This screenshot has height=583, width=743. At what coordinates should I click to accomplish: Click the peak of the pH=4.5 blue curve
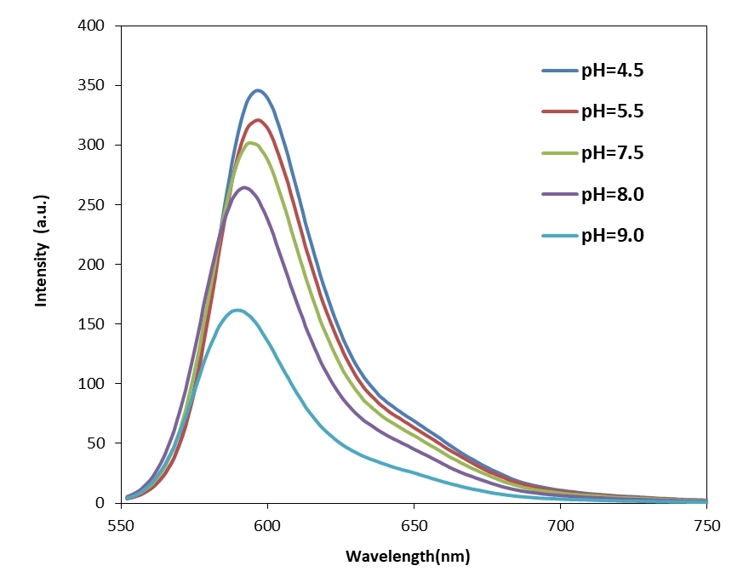258,90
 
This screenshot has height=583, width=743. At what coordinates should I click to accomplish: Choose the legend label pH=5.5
612,111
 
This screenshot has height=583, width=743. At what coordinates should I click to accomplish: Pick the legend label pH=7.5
612,153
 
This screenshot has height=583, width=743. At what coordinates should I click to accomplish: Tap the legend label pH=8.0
612,194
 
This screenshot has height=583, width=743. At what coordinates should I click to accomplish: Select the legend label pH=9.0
612,236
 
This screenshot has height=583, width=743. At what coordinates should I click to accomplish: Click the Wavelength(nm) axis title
407,557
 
